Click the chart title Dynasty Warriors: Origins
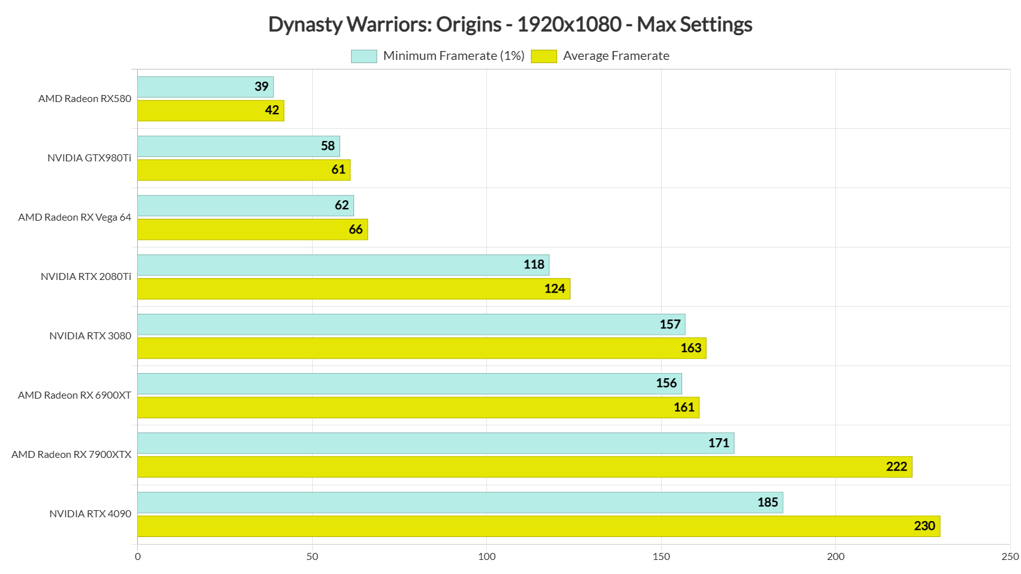(x=510, y=24)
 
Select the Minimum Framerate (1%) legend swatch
(x=364, y=56)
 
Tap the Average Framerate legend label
(x=616, y=56)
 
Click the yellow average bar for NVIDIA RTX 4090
(x=539, y=526)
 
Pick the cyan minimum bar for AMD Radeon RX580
(x=205, y=87)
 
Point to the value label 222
(x=896, y=467)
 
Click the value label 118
(x=533, y=265)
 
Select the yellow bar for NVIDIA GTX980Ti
(x=244, y=170)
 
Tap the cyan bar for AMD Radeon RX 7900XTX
(x=436, y=443)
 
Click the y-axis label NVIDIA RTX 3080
(x=90, y=336)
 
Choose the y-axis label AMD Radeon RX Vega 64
(x=75, y=217)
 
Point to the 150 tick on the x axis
(x=661, y=557)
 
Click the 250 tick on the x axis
(x=1010, y=557)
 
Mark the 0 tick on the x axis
(x=138, y=557)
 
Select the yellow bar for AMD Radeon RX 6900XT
(x=418, y=408)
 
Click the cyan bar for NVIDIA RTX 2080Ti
(x=343, y=265)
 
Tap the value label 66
(x=355, y=230)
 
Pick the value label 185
(x=767, y=503)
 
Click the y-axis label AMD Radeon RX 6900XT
(x=75, y=395)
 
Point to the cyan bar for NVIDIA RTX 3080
(x=412, y=325)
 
